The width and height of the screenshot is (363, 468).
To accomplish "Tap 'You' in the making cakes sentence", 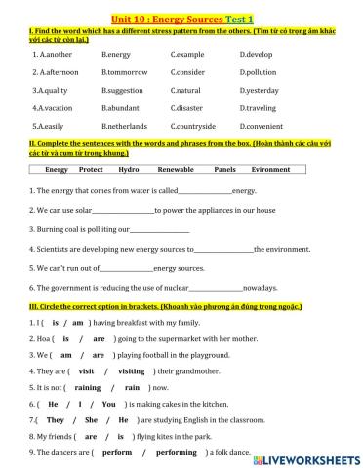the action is pos(108,404).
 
